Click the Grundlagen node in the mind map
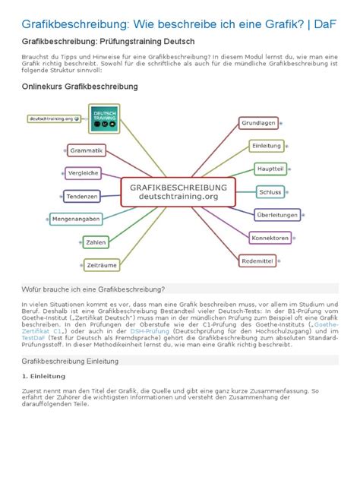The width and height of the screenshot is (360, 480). [x=259, y=122]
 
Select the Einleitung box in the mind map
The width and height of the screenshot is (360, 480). [x=266, y=146]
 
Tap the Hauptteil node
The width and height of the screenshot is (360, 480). [x=270, y=169]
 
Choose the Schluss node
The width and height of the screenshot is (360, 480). [x=270, y=192]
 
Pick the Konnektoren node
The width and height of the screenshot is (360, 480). [x=270, y=238]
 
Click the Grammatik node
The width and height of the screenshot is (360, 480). [x=87, y=150]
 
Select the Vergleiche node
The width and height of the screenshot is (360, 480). [x=84, y=173]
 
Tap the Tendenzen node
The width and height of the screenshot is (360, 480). [x=82, y=197]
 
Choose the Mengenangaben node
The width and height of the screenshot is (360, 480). [x=76, y=219]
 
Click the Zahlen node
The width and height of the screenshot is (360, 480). [x=96, y=242]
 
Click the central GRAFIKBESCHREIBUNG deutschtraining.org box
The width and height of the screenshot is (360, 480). [x=178, y=191]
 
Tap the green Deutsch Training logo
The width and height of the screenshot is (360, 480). [x=104, y=118]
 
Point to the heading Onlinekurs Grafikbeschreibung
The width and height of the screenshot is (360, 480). [x=80, y=87]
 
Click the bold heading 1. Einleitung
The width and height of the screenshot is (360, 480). [x=43, y=376]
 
